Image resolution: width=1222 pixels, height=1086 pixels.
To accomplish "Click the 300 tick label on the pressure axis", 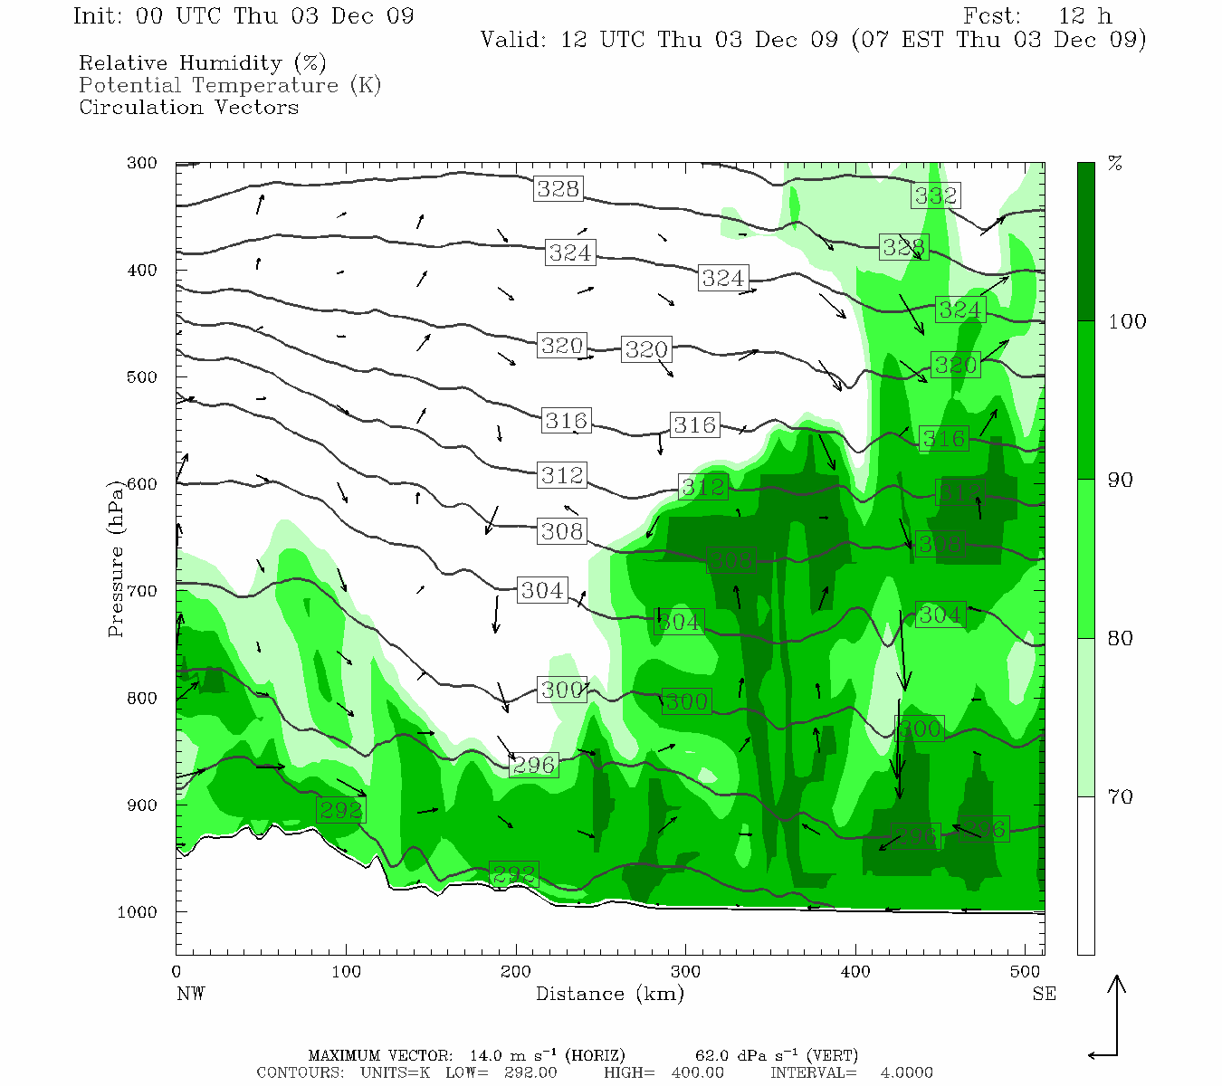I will (x=142, y=164).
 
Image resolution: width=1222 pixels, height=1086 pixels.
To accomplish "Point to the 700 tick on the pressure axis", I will (x=142, y=591).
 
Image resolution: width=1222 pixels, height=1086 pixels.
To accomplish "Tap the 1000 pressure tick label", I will (x=138, y=912).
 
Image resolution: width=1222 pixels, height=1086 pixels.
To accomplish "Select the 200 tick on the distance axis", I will (x=516, y=972).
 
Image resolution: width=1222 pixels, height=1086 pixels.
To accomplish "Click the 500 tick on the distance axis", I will (x=1026, y=972).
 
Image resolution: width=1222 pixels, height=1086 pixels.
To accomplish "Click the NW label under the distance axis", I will (x=190, y=994).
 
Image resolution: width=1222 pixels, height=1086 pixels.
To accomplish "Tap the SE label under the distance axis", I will (x=1044, y=994).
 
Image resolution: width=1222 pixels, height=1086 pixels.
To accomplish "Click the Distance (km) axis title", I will (x=609, y=994).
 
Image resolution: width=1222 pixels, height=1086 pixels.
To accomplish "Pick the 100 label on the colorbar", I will (x=1127, y=322).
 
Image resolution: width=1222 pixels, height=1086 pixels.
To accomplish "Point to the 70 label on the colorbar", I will (x=1121, y=797).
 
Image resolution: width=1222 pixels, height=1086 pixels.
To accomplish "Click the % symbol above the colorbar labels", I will (x=1116, y=164).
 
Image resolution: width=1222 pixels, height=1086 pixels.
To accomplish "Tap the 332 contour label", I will (x=935, y=195).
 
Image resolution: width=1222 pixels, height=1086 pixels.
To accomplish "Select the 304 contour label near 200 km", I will (x=542, y=591).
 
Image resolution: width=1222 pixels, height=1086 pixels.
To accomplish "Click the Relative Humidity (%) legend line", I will (x=202, y=63).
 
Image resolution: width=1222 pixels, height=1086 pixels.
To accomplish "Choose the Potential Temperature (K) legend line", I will (x=230, y=85).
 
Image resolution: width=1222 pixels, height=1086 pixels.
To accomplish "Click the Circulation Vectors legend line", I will (x=188, y=107).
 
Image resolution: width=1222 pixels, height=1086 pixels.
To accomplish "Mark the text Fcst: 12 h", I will (x=1037, y=16).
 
